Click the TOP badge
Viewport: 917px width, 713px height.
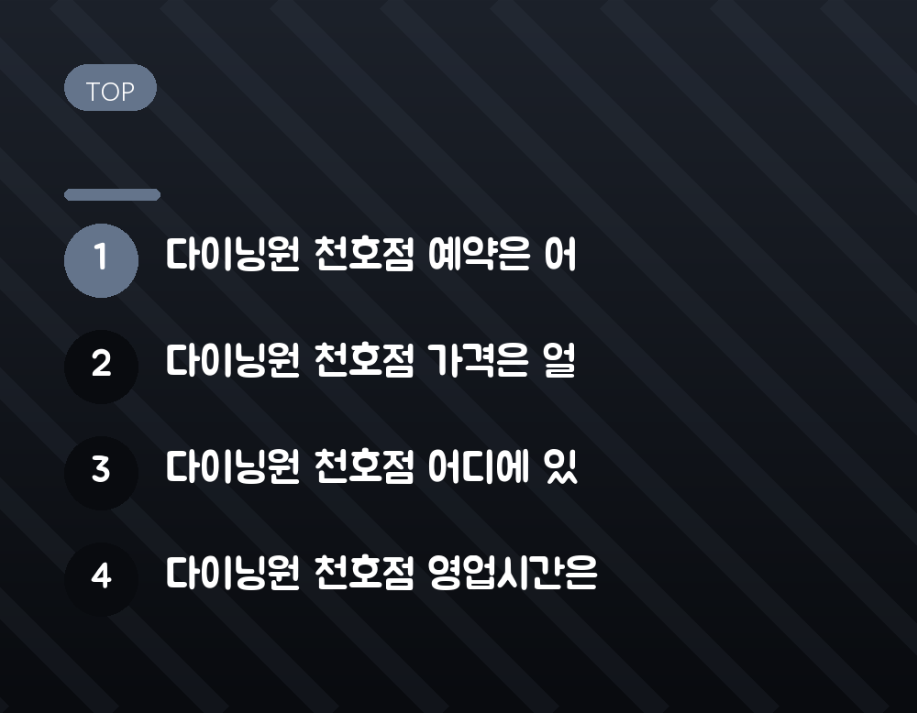point(111,88)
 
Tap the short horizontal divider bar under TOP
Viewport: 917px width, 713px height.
point(112,194)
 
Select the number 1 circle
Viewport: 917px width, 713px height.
point(101,260)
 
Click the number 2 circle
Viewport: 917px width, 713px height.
point(101,367)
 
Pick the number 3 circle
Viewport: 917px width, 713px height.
point(101,474)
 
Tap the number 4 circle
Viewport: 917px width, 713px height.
point(101,579)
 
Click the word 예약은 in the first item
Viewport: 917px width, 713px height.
point(479,255)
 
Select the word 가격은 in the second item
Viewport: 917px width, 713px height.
point(479,360)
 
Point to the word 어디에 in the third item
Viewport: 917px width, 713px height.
point(479,466)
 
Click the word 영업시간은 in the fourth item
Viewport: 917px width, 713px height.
point(513,573)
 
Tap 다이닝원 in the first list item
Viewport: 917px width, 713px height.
point(233,255)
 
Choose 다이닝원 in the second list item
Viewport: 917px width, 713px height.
point(233,360)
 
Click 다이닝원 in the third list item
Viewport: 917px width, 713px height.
point(233,466)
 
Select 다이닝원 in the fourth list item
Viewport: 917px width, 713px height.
point(233,573)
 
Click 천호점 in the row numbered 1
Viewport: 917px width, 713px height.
point(364,255)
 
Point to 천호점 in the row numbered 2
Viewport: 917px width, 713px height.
point(364,360)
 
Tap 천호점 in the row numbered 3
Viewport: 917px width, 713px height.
point(364,466)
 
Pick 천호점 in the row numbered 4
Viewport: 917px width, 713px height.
point(364,573)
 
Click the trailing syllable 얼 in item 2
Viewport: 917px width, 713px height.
point(559,360)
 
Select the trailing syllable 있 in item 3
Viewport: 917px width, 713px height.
point(560,466)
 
